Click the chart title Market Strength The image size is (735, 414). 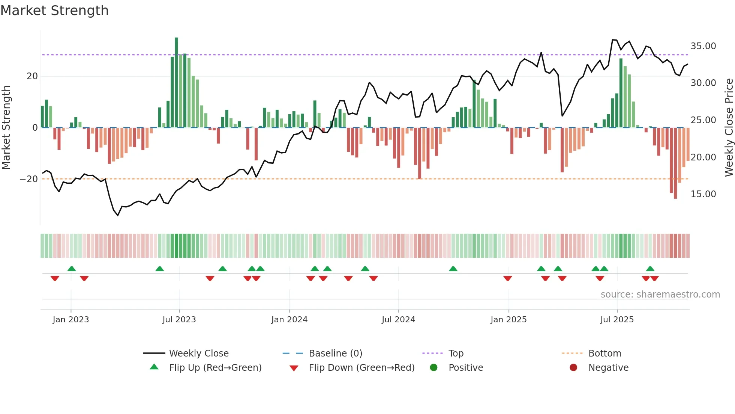tap(55, 11)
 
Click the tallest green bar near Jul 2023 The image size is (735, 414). tap(176, 83)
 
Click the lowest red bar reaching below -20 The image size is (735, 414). tap(675, 163)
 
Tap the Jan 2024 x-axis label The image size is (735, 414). tap(289, 320)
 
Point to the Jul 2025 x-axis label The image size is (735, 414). tap(617, 320)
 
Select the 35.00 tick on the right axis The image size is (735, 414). tap(703, 46)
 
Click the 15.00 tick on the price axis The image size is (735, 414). tap(703, 194)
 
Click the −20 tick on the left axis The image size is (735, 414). tap(29, 179)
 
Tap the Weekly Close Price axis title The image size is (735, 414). tap(729, 128)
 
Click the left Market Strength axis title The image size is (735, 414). tap(6, 128)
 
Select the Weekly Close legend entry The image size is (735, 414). tap(198, 354)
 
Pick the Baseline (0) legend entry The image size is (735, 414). tap(335, 354)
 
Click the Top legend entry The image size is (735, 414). tap(456, 354)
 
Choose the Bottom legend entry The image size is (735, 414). tap(604, 354)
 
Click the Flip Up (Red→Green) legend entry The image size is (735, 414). tap(215, 368)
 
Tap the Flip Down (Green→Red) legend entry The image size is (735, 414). tap(361, 368)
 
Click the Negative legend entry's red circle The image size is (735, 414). tap(573, 368)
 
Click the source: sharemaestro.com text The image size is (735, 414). tap(660, 295)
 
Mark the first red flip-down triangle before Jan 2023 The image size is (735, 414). tap(55, 278)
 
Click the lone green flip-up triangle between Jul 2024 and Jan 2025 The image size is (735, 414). tap(453, 269)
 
